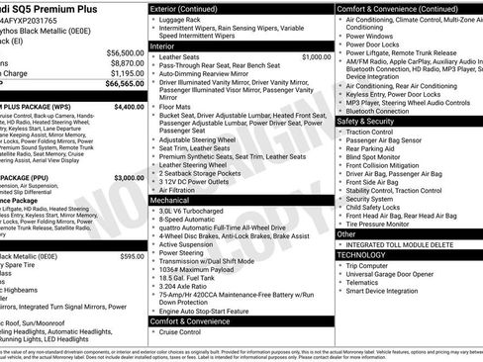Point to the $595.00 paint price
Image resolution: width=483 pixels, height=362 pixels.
point(132,228)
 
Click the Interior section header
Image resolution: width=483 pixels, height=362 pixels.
point(168,45)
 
